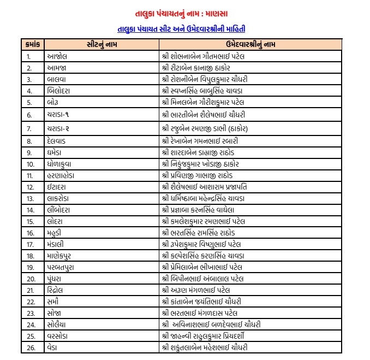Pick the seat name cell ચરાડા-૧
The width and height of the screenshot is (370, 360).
coord(59,115)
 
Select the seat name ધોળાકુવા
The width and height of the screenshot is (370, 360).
coord(62,163)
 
